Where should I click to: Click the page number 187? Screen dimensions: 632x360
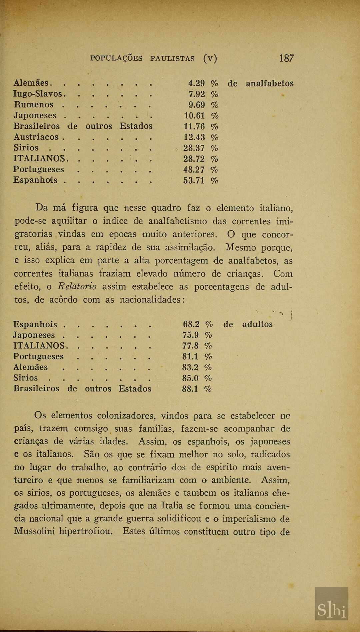click(286, 58)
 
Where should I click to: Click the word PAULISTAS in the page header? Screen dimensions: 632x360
click(172, 59)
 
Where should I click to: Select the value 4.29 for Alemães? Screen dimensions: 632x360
click(196, 83)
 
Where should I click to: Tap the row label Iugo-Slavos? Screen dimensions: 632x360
click(38, 94)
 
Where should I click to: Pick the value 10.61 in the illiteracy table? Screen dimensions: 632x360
click(194, 115)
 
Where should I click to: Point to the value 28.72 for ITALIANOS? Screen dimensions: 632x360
click(194, 158)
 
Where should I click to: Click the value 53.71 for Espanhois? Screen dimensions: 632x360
click(194, 180)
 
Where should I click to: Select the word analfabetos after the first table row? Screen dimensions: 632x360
click(270, 83)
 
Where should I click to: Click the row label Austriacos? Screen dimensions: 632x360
click(36, 137)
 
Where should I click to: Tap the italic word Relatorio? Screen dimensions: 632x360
click(77, 286)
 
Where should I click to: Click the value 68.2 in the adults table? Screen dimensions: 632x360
click(191, 324)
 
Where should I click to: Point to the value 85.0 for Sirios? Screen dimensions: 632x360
click(191, 378)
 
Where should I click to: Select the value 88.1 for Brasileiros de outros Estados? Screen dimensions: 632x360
click(190, 389)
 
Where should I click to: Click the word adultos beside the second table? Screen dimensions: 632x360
click(257, 324)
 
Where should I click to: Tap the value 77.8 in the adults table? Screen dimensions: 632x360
click(191, 346)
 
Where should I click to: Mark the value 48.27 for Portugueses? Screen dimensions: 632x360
click(194, 169)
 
